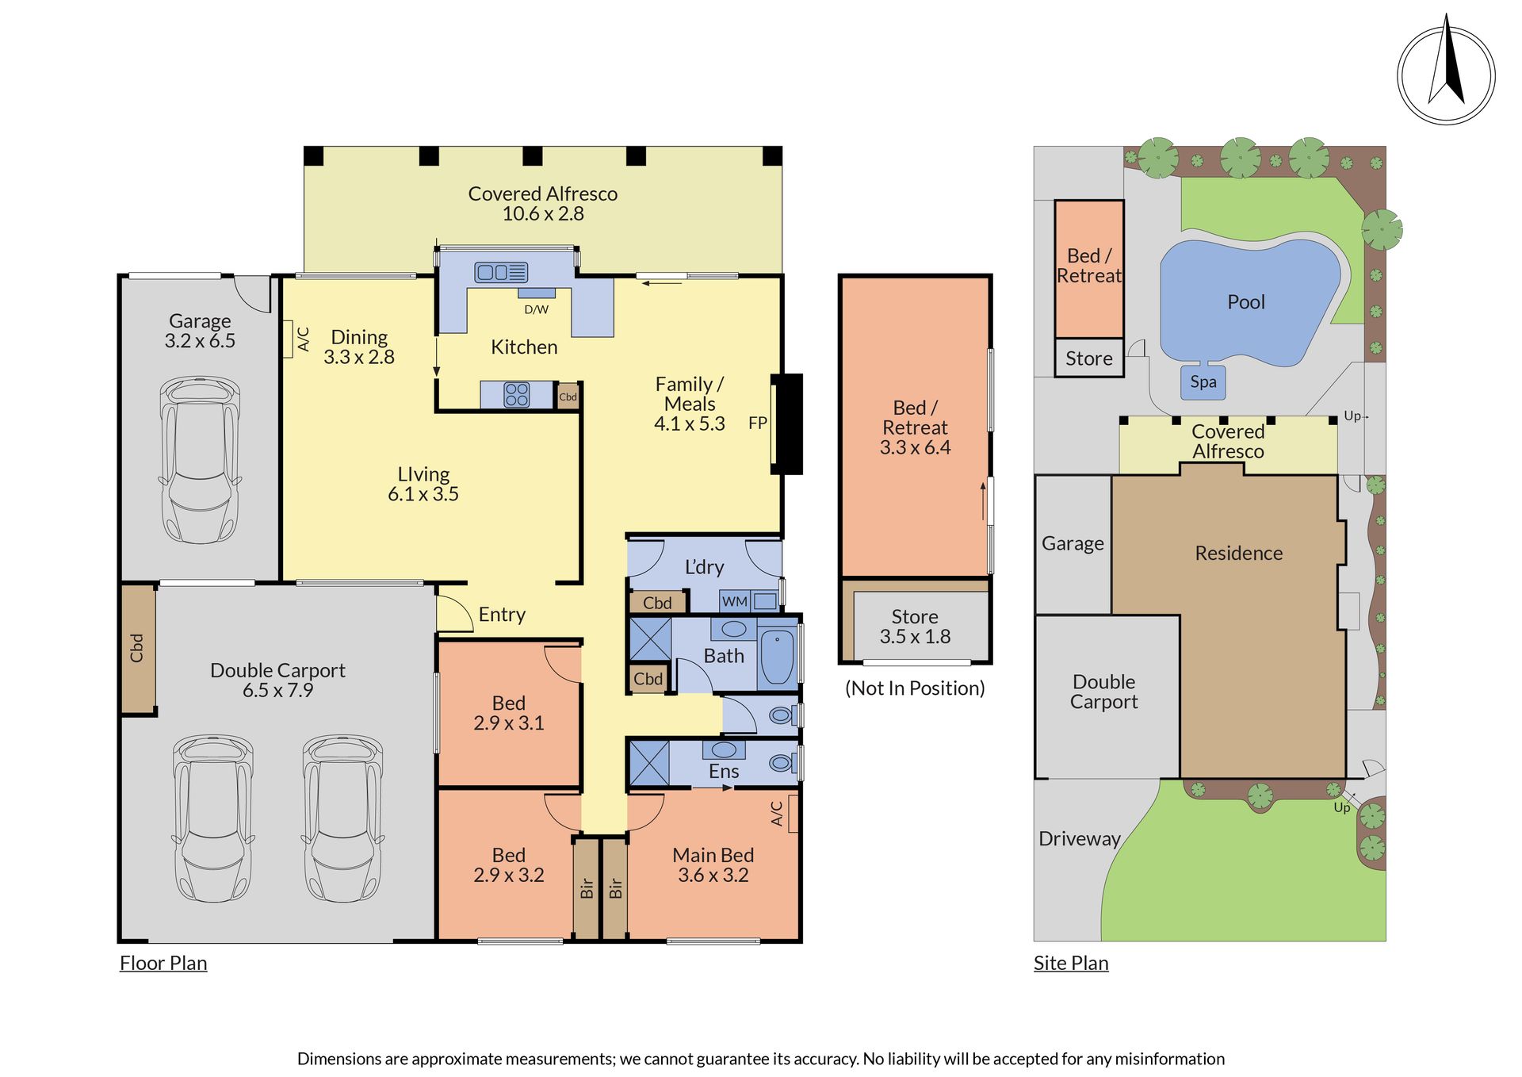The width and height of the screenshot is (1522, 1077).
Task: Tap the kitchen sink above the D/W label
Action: pyautogui.click(x=501, y=273)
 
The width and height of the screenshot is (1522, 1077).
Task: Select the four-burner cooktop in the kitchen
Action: pyautogui.click(x=517, y=395)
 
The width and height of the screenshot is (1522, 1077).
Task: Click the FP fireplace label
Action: pyautogui.click(x=757, y=424)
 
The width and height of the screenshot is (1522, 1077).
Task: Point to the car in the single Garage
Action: pyautogui.click(x=200, y=459)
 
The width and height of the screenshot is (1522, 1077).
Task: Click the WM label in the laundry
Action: pyautogui.click(x=734, y=602)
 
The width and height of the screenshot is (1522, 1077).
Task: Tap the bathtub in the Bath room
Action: pyautogui.click(x=778, y=657)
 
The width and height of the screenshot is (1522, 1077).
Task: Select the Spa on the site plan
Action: pyautogui.click(x=1203, y=382)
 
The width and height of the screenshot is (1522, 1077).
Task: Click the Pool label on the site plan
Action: pyautogui.click(x=1246, y=302)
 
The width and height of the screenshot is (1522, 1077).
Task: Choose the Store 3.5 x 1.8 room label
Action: pyautogui.click(x=915, y=627)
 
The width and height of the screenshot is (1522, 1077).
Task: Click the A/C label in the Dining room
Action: pyautogui.click(x=303, y=339)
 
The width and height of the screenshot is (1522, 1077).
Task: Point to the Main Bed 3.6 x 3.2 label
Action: pyautogui.click(x=713, y=865)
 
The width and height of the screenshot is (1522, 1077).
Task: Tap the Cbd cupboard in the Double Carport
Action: pyautogui.click(x=138, y=647)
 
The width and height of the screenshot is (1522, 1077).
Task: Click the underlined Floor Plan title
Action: pyautogui.click(x=163, y=964)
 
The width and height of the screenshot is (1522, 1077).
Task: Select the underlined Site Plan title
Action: pyautogui.click(x=1071, y=964)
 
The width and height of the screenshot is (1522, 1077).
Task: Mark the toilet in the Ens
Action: pyautogui.click(x=782, y=763)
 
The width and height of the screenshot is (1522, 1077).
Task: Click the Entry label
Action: pyautogui.click(x=502, y=615)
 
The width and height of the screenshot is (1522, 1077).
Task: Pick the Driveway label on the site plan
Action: pyautogui.click(x=1080, y=839)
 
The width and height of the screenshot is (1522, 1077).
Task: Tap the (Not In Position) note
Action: pyautogui.click(x=915, y=688)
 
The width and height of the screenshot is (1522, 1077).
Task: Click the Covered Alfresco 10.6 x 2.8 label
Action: pyautogui.click(x=543, y=204)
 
